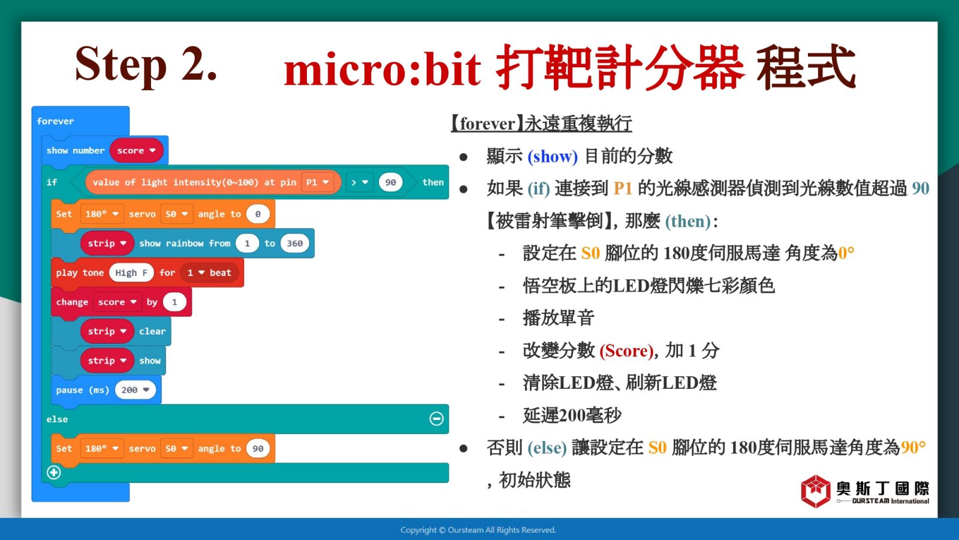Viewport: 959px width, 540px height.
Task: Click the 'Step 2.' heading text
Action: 146,64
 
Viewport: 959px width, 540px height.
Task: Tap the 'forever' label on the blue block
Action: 55,121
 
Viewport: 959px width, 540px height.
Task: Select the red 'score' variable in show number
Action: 136,151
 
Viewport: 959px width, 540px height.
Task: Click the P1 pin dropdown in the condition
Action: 317,182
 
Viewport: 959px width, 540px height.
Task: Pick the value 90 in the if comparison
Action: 390,182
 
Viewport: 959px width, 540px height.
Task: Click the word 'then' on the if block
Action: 433,182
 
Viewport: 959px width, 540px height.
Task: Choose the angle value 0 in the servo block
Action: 258,214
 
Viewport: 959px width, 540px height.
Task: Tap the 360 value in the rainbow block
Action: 294,244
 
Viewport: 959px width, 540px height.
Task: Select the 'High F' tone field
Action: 131,272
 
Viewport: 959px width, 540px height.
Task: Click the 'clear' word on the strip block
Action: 152,331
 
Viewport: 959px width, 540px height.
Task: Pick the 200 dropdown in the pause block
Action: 135,390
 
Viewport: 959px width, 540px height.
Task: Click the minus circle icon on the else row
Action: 436,419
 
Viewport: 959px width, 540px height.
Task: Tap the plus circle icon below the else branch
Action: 53,472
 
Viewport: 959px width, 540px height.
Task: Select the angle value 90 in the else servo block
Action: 258,449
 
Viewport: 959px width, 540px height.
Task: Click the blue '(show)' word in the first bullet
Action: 552,157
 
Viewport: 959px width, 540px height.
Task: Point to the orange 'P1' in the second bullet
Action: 623,188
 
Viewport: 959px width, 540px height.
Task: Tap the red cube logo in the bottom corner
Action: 816,491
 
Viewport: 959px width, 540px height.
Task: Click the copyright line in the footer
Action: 478,530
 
